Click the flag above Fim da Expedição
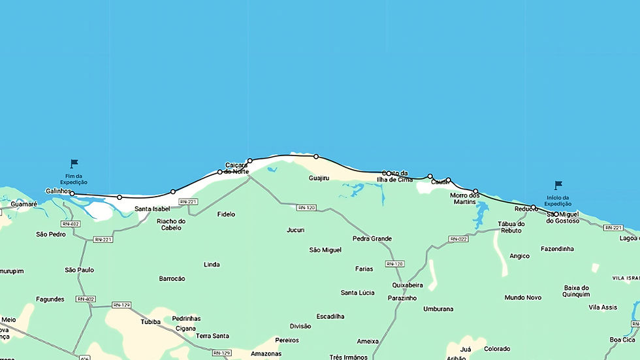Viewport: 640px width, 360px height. pyautogui.click(x=74, y=163)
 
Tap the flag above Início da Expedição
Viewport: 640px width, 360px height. pyautogui.click(x=558, y=186)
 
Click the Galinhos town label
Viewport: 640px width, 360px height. pyautogui.click(x=57, y=191)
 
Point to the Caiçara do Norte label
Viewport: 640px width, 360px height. pyautogui.click(x=236, y=168)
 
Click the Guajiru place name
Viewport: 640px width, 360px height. pyautogui.click(x=319, y=178)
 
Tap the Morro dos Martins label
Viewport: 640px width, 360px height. pyautogui.click(x=465, y=199)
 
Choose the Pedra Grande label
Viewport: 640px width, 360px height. pyautogui.click(x=372, y=238)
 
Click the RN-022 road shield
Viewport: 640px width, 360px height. pyautogui.click(x=458, y=239)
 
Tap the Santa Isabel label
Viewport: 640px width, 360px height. pyautogui.click(x=152, y=209)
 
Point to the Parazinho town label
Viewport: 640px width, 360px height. pyautogui.click(x=402, y=298)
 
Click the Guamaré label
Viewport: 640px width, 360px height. pyautogui.click(x=24, y=205)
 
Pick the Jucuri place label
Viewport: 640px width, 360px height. pyautogui.click(x=295, y=230)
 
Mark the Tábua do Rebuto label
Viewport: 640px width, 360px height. pyautogui.click(x=511, y=227)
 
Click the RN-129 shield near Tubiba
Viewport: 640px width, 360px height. pyautogui.click(x=121, y=305)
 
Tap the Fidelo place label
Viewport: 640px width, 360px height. pyautogui.click(x=226, y=214)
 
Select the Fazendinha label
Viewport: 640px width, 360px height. pyautogui.click(x=557, y=249)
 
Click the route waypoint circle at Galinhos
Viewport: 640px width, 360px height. pyautogui.click(x=72, y=194)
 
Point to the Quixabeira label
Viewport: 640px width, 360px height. pyautogui.click(x=408, y=285)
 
